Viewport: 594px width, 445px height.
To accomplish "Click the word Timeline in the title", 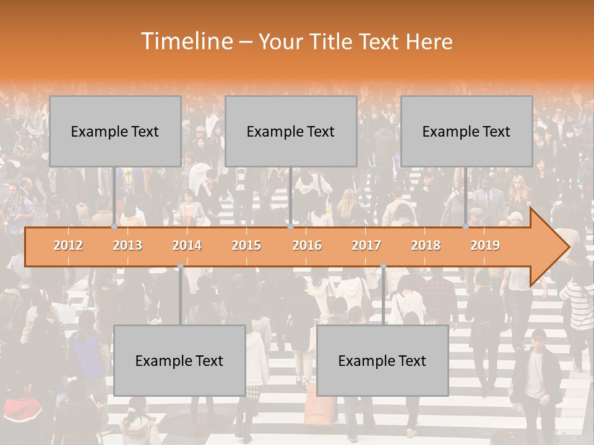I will coord(185,41).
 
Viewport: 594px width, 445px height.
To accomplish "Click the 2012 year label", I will coord(68,245).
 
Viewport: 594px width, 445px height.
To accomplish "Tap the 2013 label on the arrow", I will coord(127,245).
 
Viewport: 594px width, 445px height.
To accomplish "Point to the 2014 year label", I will coord(187,245).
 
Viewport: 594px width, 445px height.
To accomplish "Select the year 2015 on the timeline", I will coord(246,245).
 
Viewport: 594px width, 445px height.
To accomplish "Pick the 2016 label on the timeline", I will coord(307,245).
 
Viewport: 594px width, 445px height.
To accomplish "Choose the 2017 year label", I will coord(366,245).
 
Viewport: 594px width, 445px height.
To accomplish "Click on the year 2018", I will coord(426,245).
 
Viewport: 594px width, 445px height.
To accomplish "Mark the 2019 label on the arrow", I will coord(485,245).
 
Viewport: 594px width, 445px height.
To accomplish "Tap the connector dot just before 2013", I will coord(114,227).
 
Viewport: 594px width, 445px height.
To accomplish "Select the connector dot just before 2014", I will coord(180,266).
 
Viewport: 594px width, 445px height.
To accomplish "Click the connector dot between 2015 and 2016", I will coord(290,227).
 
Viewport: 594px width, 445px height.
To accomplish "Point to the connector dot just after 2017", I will coord(383,266).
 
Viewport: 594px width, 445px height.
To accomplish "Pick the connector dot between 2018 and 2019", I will coord(465,227).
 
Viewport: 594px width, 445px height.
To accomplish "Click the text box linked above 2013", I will coord(115,131).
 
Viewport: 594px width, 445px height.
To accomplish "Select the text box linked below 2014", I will coord(179,360).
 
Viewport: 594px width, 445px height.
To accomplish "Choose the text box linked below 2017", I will coord(382,360).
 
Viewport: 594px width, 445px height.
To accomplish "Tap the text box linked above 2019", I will coord(467,131).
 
